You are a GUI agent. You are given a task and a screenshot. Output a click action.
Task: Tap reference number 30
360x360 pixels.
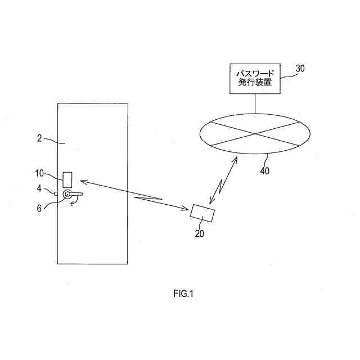pos(301,69)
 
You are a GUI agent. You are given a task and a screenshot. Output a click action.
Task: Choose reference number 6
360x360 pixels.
pos(39,208)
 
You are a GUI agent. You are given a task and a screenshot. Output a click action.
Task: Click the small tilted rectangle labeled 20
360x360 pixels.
pos(202,213)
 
